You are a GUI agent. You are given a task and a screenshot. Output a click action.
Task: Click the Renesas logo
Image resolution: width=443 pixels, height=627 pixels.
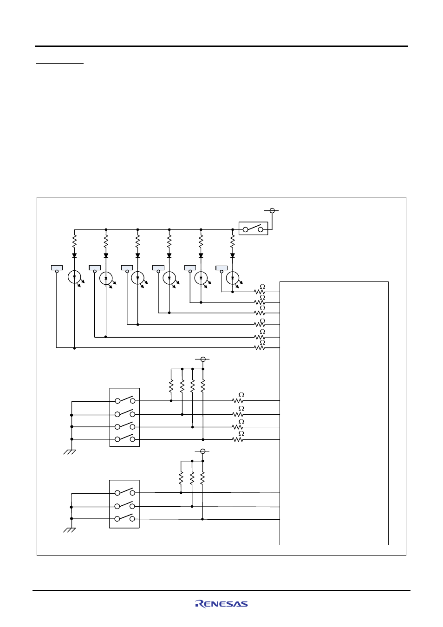[x=221, y=604]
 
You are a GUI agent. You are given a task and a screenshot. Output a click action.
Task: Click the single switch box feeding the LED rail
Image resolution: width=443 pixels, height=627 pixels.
[x=253, y=229]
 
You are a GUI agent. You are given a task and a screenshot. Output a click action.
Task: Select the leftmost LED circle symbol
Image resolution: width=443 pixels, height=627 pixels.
[x=74, y=277]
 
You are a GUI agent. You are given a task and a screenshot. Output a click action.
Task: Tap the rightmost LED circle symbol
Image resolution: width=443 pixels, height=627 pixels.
[x=233, y=278]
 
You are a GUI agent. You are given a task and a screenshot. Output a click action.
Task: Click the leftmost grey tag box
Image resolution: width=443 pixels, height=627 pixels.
[x=57, y=268]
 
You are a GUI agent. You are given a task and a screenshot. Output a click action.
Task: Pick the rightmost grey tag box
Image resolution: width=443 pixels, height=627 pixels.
[x=221, y=268]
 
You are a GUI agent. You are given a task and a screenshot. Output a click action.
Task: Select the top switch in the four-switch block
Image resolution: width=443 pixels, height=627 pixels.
[x=125, y=400]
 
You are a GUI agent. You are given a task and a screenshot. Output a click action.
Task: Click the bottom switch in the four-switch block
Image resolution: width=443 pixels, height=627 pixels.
[x=125, y=438]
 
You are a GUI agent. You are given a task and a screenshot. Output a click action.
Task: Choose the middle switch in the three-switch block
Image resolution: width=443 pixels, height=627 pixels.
[x=125, y=505]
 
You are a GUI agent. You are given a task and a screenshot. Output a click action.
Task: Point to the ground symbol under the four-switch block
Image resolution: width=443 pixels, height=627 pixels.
[x=69, y=452]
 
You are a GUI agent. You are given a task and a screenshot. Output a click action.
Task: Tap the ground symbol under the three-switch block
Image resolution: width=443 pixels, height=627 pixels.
[x=69, y=530]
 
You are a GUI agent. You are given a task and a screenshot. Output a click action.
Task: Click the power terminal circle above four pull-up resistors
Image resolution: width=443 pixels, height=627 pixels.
[x=203, y=359]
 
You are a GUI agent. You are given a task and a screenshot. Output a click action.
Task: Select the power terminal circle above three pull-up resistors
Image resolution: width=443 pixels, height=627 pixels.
[x=203, y=451]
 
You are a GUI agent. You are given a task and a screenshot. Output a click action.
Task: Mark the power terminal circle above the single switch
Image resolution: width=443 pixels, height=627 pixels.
[x=272, y=210]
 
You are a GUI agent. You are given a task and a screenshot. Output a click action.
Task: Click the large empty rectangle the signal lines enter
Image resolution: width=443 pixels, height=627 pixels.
[x=334, y=413]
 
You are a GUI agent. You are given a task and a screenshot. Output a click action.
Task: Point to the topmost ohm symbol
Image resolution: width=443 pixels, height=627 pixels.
[x=262, y=287]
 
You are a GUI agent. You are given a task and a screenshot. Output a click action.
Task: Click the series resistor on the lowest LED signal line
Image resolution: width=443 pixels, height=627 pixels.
[x=260, y=348]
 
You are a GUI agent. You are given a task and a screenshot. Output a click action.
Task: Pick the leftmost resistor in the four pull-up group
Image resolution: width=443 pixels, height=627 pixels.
[x=171, y=385]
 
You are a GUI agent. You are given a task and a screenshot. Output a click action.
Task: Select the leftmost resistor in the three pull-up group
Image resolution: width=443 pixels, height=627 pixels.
[x=181, y=477]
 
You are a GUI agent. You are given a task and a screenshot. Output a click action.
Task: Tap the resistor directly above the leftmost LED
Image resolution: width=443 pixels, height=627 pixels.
[x=74, y=241]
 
